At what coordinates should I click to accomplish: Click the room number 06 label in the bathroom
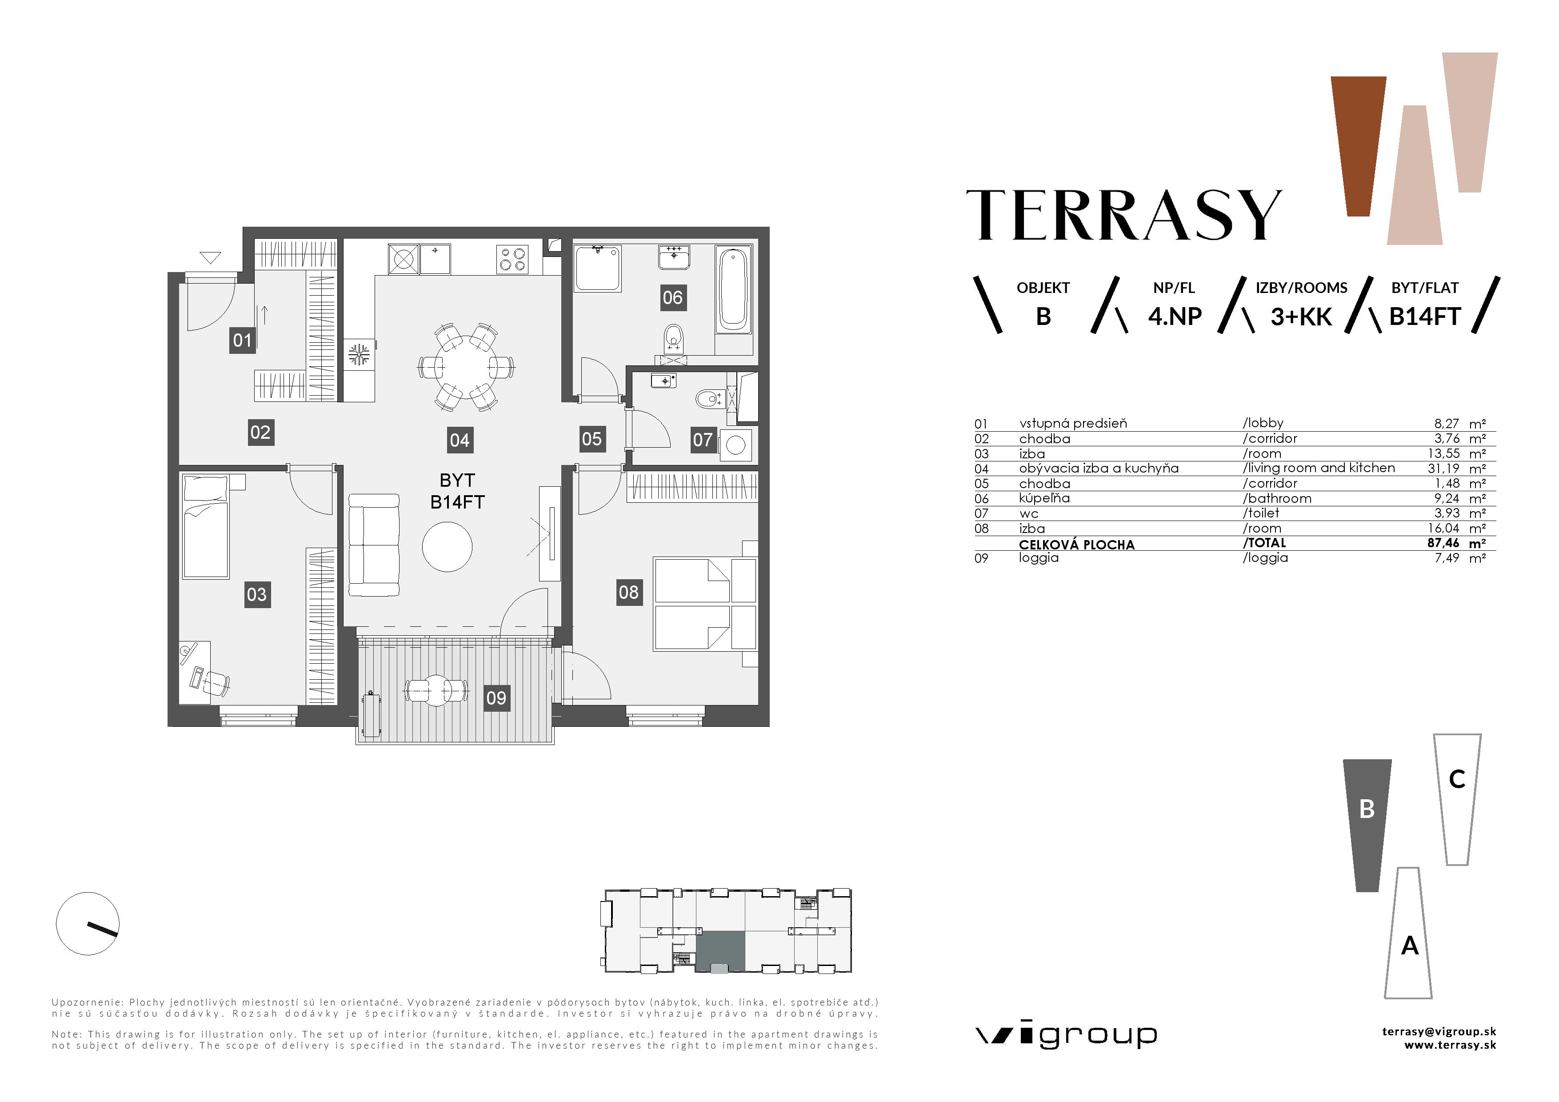point(672,297)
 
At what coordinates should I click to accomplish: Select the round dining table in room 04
point(466,367)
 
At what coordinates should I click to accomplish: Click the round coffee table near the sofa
point(447,547)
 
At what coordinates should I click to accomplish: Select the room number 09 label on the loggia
point(496,697)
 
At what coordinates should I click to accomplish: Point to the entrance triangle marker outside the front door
point(211,258)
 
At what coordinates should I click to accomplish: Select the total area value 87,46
point(1443,543)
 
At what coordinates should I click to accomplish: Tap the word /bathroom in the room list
point(1277,498)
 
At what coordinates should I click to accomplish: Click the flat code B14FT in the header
point(1424,317)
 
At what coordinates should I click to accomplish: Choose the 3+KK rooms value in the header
point(1301,317)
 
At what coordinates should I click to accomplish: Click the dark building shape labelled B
point(1367,825)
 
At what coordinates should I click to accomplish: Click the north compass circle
point(88,923)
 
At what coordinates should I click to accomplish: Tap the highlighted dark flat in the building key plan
point(720,950)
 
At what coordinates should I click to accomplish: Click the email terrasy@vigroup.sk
point(1439,1031)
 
